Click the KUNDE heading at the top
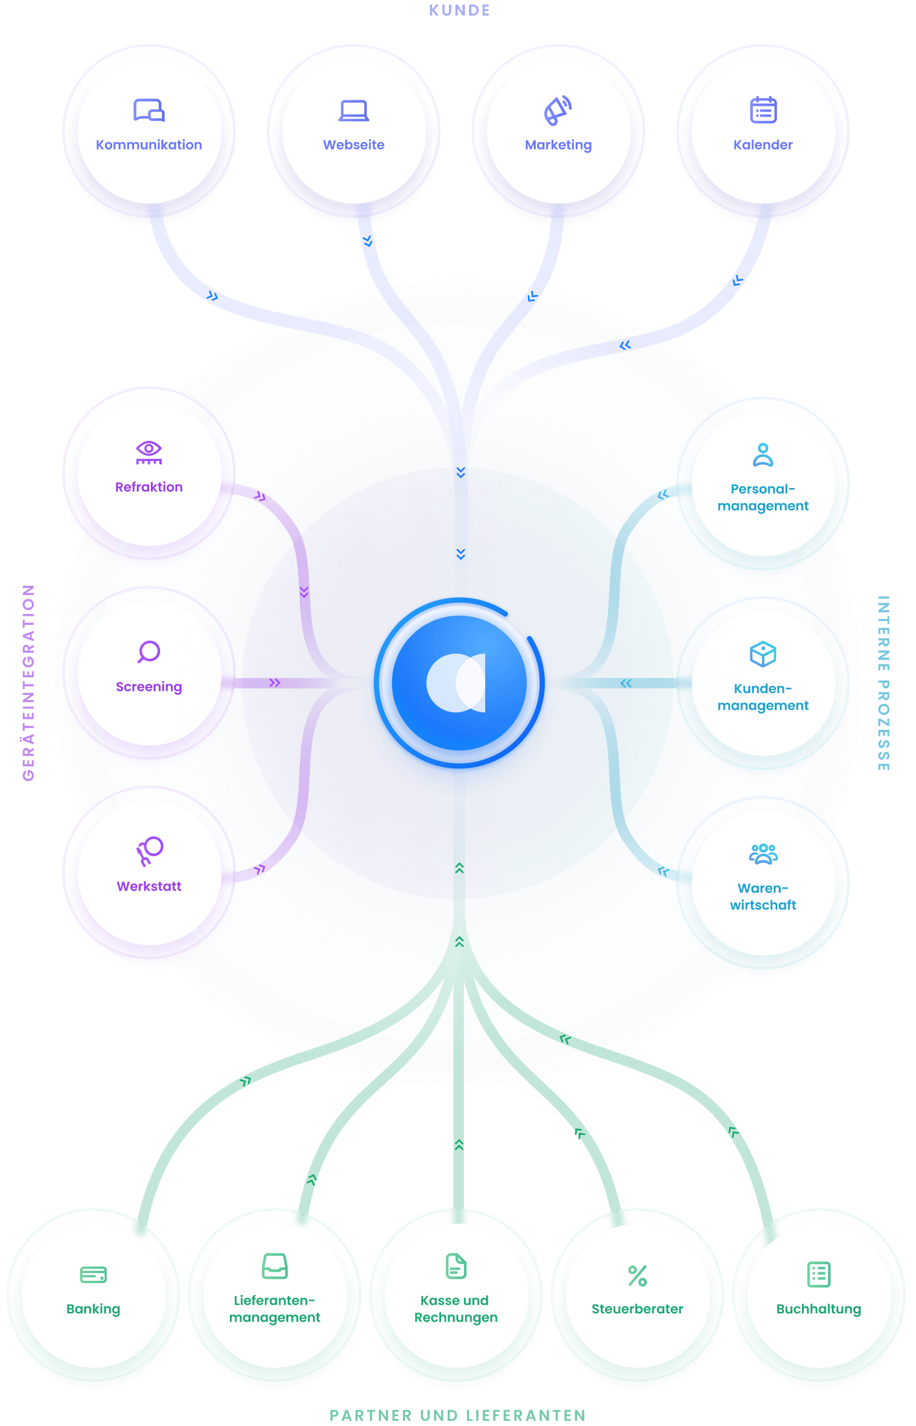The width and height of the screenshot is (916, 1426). (x=459, y=10)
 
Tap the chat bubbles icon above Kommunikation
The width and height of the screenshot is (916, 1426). (x=149, y=111)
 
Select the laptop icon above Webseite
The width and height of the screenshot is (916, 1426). (x=354, y=111)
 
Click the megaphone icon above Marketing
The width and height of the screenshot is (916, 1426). (x=558, y=111)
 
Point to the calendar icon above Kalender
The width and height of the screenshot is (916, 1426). (x=763, y=110)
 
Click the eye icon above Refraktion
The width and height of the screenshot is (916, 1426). (x=149, y=452)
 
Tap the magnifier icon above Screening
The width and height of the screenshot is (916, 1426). (x=149, y=651)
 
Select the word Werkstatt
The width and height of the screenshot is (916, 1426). (x=149, y=886)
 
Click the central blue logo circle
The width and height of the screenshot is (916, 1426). (x=459, y=683)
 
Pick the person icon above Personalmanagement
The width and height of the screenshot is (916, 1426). (x=763, y=454)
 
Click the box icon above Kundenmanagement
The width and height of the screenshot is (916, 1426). (x=763, y=654)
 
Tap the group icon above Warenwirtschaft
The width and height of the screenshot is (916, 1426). (x=763, y=854)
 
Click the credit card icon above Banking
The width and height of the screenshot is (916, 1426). (x=93, y=1275)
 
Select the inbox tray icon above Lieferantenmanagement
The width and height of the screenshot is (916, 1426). (x=275, y=1266)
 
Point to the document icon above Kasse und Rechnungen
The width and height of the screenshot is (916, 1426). (x=456, y=1266)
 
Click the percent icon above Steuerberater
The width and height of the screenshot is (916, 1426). (x=637, y=1275)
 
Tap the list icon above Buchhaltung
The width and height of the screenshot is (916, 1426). (x=819, y=1274)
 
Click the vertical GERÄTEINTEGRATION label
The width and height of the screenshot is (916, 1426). (x=29, y=683)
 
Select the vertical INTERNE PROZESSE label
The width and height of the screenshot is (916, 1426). (x=884, y=683)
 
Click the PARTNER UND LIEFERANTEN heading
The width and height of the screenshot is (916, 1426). (x=458, y=1415)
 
